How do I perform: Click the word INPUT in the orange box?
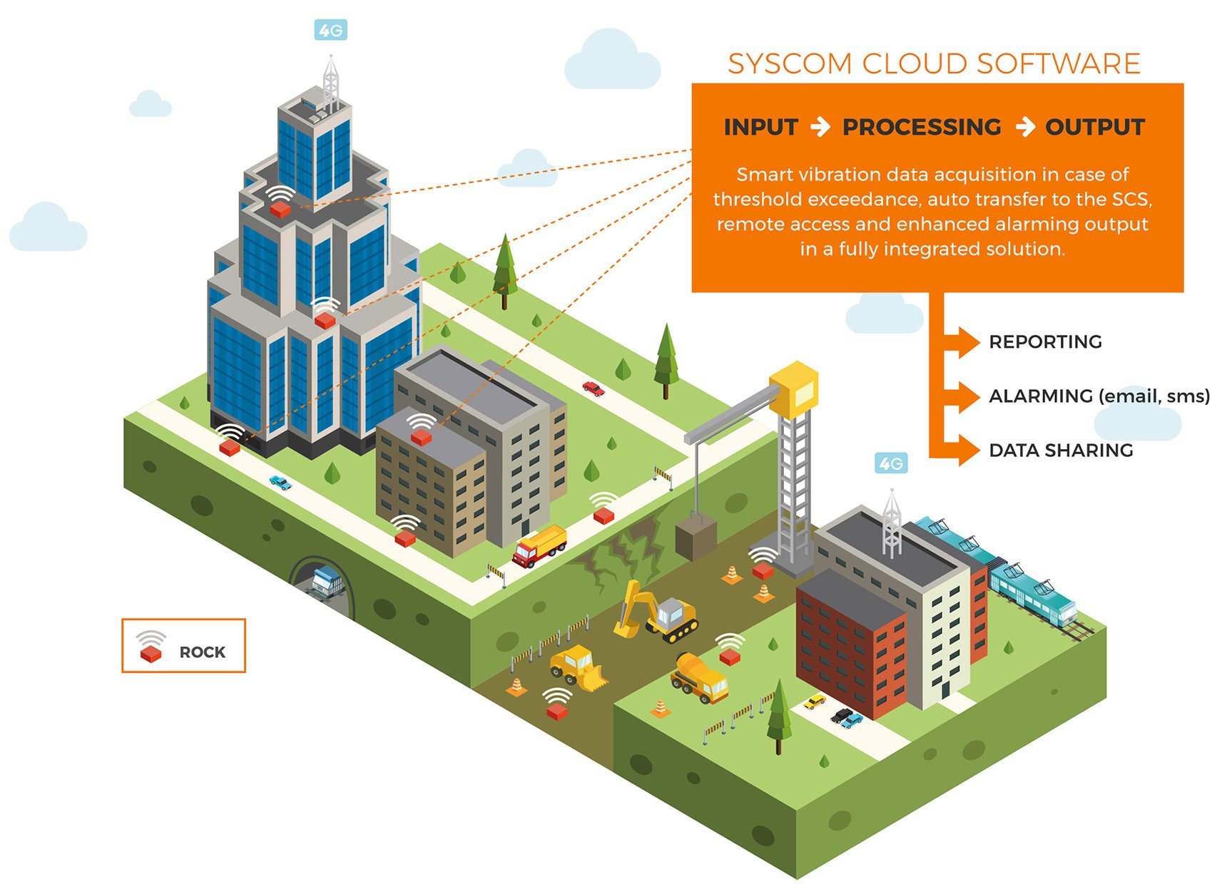coord(760,127)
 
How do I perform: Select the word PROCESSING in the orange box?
coord(922,127)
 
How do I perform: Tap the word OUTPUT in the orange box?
coord(1094,127)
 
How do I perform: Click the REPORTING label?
coord(1045,342)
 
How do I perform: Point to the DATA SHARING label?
coord(1061,451)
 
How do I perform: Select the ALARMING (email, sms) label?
coord(1099,396)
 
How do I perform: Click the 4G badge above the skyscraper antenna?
coord(330,31)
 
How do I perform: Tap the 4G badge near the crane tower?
coord(890,464)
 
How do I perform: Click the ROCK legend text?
coord(202,652)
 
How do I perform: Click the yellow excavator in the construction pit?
coord(656,612)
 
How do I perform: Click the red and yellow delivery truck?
coord(539,546)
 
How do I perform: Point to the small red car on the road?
coord(593,389)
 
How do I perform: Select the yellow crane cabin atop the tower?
coord(793,389)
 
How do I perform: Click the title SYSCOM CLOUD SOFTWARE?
coord(933,64)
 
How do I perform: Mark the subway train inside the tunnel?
coord(327,581)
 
